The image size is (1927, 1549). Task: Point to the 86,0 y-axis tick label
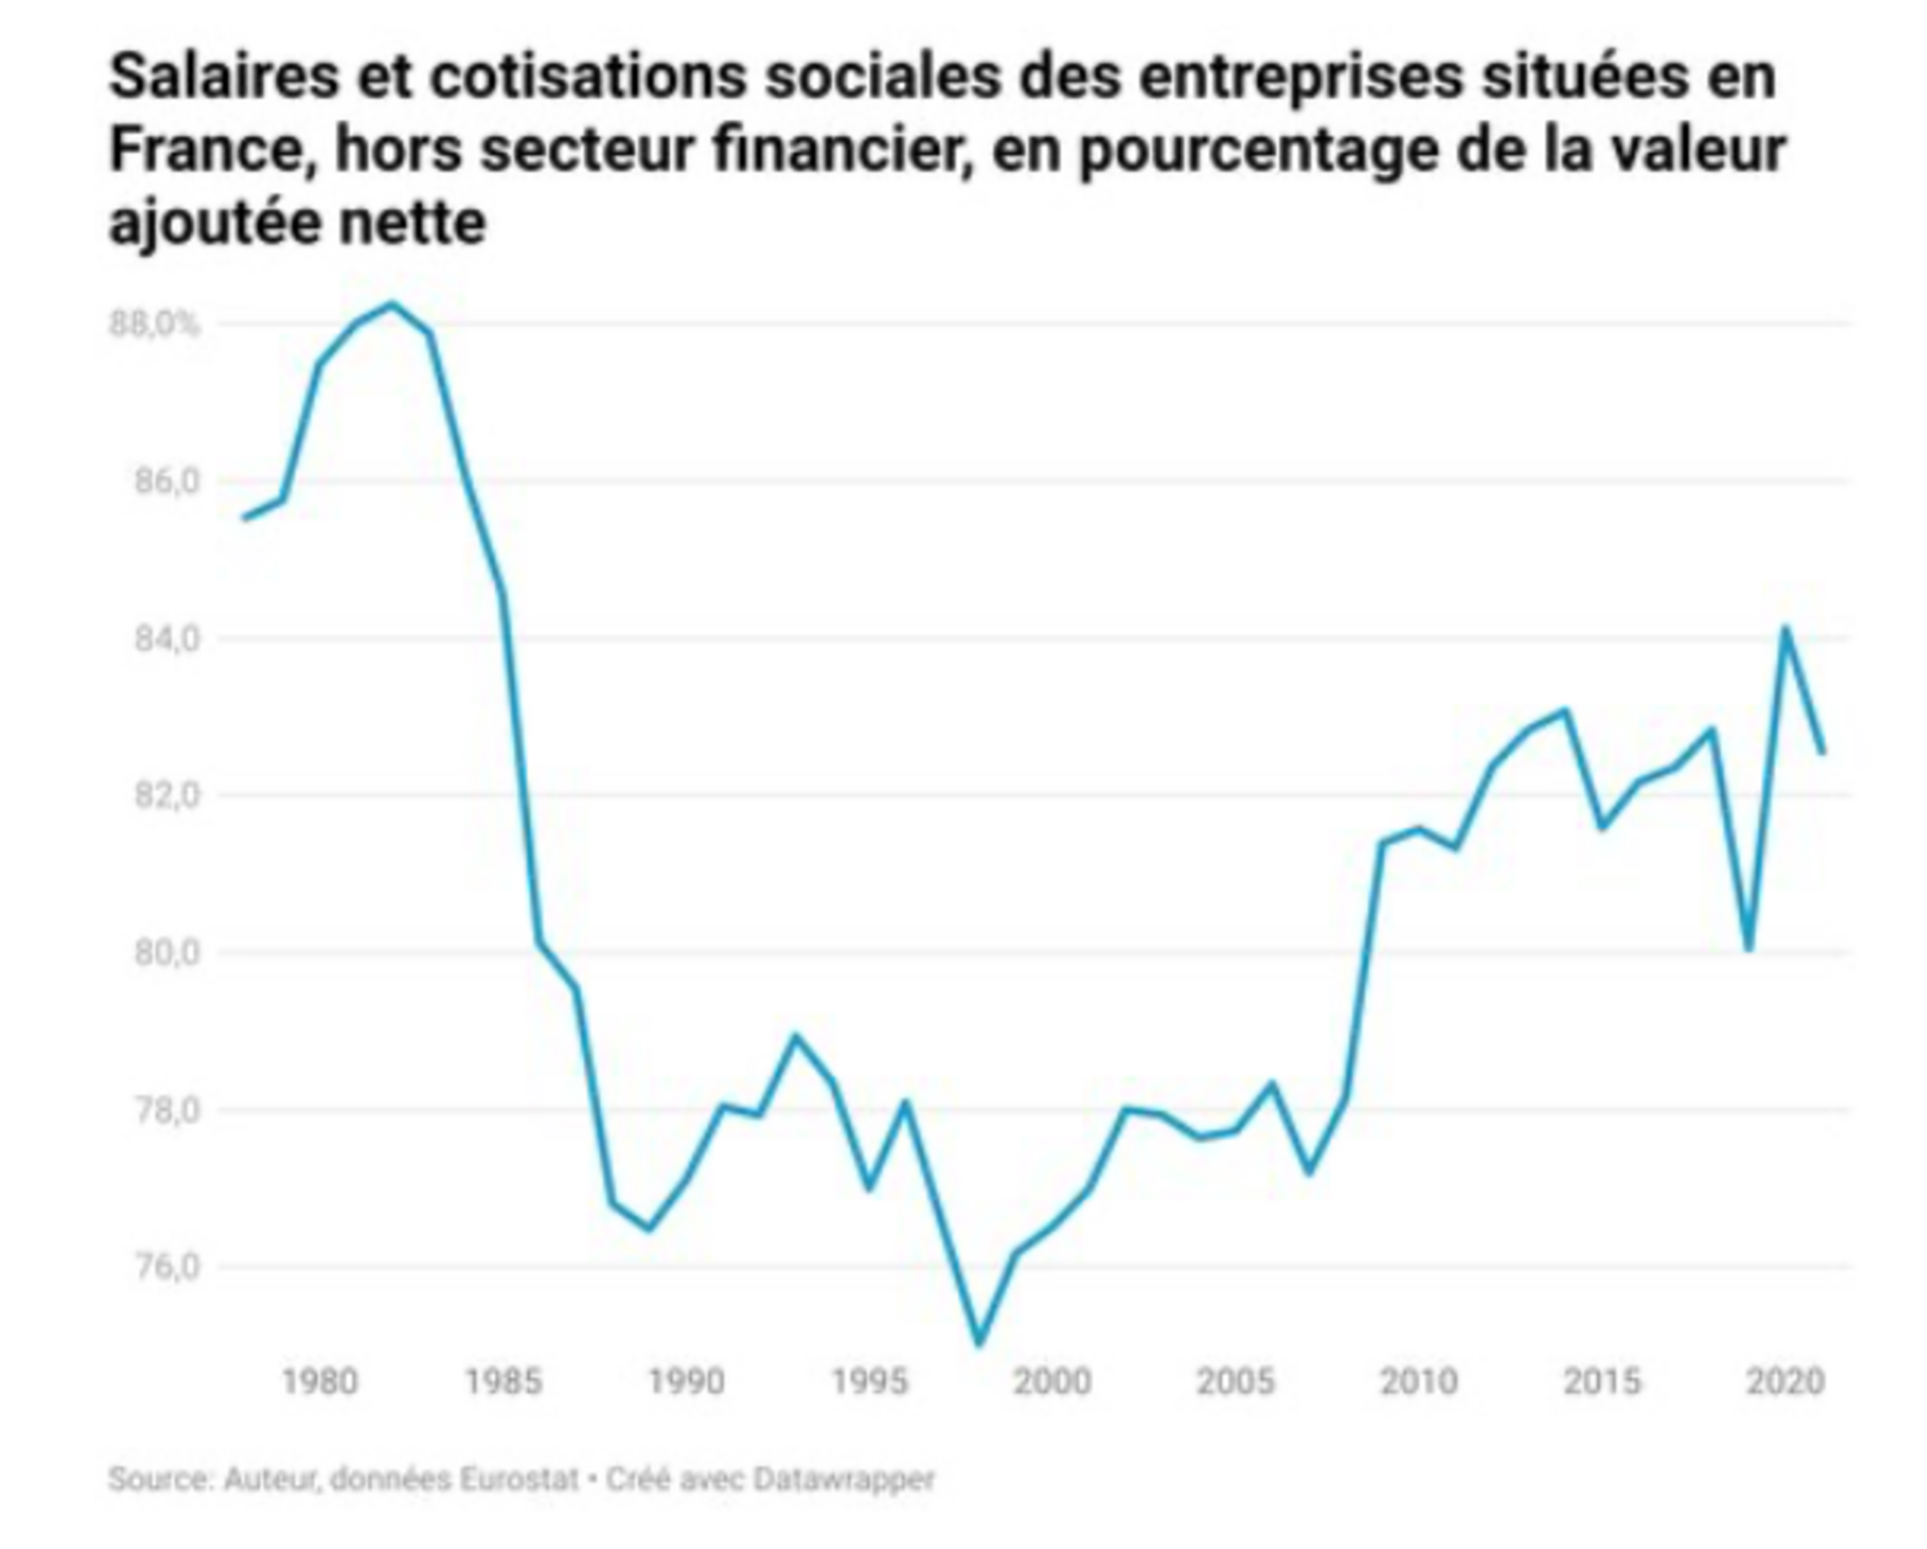[166, 482]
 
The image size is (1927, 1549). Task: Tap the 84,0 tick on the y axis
[166, 638]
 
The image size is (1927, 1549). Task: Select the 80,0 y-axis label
[166, 953]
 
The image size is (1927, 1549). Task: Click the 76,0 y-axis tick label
[166, 1267]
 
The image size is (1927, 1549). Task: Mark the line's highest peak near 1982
[392, 304]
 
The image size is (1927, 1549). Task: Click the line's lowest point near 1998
[978, 1342]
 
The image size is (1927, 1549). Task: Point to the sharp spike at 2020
[1785, 628]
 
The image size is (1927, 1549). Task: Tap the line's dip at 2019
[1748, 948]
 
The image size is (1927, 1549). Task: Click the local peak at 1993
[795, 1036]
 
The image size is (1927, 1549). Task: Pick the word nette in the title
[412, 222]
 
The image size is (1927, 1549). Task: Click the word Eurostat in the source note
[519, 1478]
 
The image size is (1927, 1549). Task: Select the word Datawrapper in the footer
[844, 1478]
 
